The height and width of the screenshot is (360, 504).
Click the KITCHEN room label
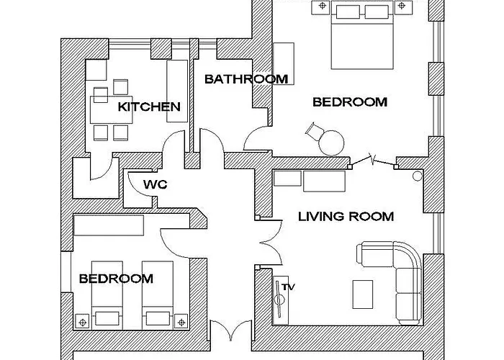[x=149, y=107]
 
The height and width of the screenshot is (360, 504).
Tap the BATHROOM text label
[x=246, y=79]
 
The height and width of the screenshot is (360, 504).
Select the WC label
[x=155, y=185]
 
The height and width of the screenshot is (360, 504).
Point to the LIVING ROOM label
[x=346, y=216]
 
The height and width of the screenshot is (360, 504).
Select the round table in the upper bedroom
[x=333, y=141]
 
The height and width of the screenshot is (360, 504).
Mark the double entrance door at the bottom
[x=232, y=333]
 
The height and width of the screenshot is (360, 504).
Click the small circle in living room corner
[x=417, y=176]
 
